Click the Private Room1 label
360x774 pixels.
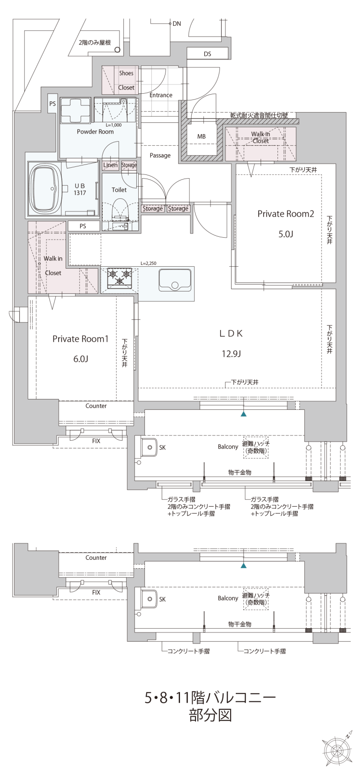coord(81,339)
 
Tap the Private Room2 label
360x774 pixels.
coord(286,214)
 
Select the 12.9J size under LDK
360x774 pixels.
coord(231,354)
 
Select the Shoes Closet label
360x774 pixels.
coord(126,80)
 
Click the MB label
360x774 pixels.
coord(202,136)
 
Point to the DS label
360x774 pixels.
coord(207,54)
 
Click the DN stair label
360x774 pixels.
coord(177,24)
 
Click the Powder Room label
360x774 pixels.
coord(95,132)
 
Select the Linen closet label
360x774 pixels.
coord(111,165)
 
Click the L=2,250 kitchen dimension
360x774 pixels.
coord(148,263)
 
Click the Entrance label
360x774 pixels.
coord(161,95)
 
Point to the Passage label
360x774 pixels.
coord(160,156)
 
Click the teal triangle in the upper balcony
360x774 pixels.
coord(244,413)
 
